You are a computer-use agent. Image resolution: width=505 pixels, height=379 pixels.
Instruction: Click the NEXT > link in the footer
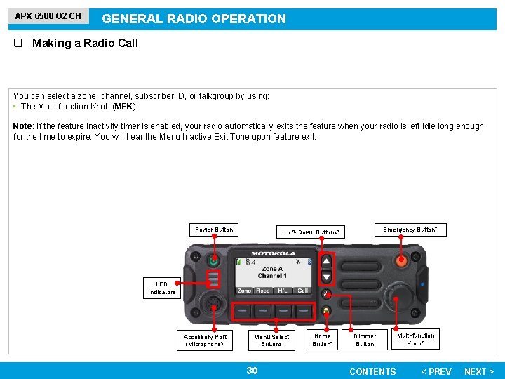[x=479, y=371]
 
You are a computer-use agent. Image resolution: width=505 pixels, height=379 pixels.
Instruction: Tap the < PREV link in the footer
[x=436, y=371]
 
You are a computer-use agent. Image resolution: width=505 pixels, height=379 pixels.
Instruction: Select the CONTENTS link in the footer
[x=372, y=371]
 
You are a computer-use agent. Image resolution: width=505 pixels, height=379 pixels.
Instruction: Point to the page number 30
[x=252, y=371]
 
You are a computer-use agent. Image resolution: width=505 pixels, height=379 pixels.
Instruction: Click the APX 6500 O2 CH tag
[x=48, y=15]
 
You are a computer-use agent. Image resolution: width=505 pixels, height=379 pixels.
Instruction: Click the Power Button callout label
[x=214, y=230]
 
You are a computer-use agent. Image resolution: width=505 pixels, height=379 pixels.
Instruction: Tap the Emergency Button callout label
[x=410, y=230]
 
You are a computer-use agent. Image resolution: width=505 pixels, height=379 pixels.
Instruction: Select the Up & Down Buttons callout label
[x=311, y=232]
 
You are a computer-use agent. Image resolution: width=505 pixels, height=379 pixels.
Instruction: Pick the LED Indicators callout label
[x=161, y=288]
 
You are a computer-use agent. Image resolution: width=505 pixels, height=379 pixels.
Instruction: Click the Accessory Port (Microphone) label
[x=205, y=340]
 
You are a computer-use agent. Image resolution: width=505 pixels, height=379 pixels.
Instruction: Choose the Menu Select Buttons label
[x=271, y=340]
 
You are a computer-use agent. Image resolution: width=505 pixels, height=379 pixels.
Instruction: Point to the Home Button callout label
[x=323, y=340]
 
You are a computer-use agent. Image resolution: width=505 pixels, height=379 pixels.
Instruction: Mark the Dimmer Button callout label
[x=365, y=340]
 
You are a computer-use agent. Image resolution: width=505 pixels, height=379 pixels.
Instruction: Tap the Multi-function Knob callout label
[x=416, y=339]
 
